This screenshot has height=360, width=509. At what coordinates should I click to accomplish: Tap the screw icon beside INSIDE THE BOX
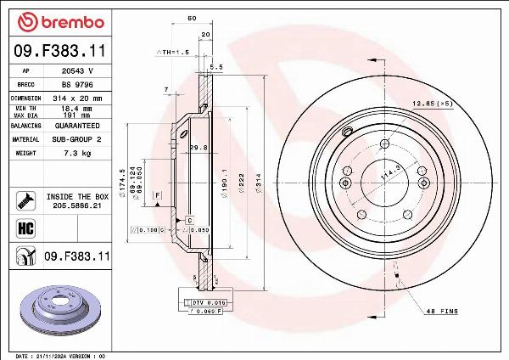[x=25, y=200]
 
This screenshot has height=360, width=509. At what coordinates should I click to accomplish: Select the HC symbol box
[x=25, y=228]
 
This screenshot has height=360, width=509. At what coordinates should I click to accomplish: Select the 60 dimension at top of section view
[x=192, y=18]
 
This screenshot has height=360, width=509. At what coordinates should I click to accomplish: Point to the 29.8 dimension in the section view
[x=200, y=148]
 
